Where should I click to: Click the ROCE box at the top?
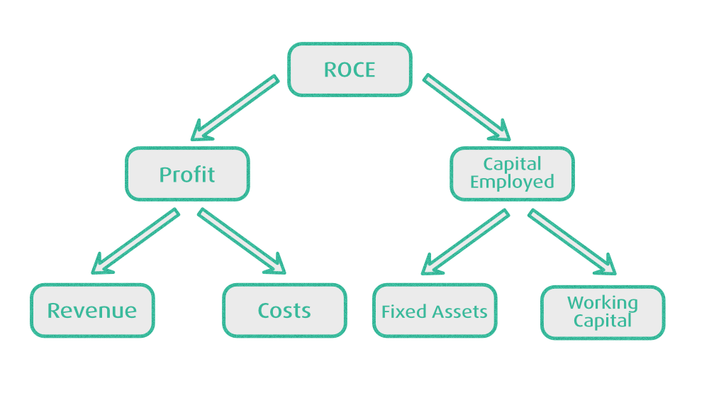(x=350, y=70)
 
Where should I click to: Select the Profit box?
(x=187, y=174)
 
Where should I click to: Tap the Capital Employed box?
(x=512, y=173)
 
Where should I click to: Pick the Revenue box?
(x=92, y=310)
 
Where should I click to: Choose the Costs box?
(x=284, y=310)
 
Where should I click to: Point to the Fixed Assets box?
(x=435, y=311)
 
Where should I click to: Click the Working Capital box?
(x=603, y=312)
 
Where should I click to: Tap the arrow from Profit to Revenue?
(x=135, y=241)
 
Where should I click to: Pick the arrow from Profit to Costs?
(x=241, y=241)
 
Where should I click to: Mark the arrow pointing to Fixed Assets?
(x=465, y=242)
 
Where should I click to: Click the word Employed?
(x=512, y=182)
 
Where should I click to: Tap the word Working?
(x=603, y=304)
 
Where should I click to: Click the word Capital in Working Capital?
(x=603, y=321)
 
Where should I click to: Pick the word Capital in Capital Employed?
(x=512, y=164)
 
